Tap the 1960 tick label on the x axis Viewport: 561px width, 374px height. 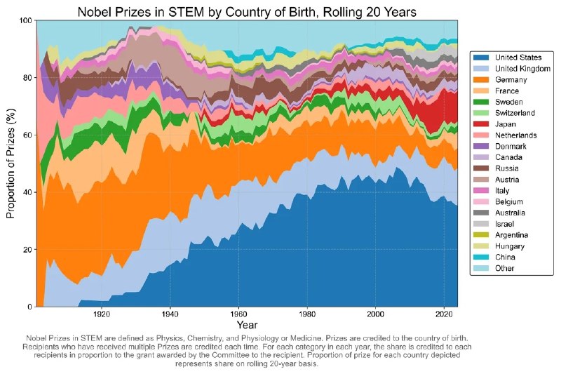coord(240,314)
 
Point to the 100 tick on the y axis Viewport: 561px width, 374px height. coord(26,20)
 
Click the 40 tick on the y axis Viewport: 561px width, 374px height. coord(28,192)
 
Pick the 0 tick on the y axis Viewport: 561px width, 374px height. coord(30,307)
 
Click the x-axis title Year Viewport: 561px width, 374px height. coord(246,326)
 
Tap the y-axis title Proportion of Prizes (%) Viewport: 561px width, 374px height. coord(11,163)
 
